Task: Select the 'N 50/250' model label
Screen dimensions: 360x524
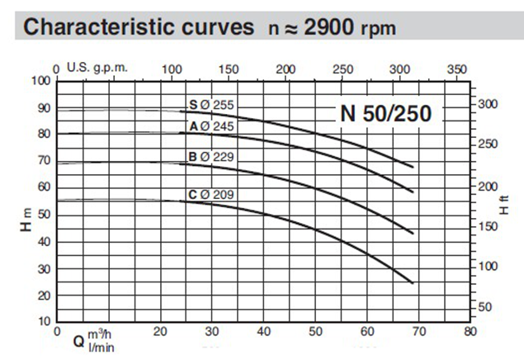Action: pos(386,114)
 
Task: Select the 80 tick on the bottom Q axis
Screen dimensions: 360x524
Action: pos(470,332)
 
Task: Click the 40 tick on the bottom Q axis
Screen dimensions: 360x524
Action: pos(263,332)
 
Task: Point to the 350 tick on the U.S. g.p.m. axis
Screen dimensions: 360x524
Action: pos(456,70)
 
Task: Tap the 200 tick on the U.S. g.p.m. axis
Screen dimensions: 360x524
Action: pos(285,70)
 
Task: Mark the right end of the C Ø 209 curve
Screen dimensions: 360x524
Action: pos(412,283)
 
